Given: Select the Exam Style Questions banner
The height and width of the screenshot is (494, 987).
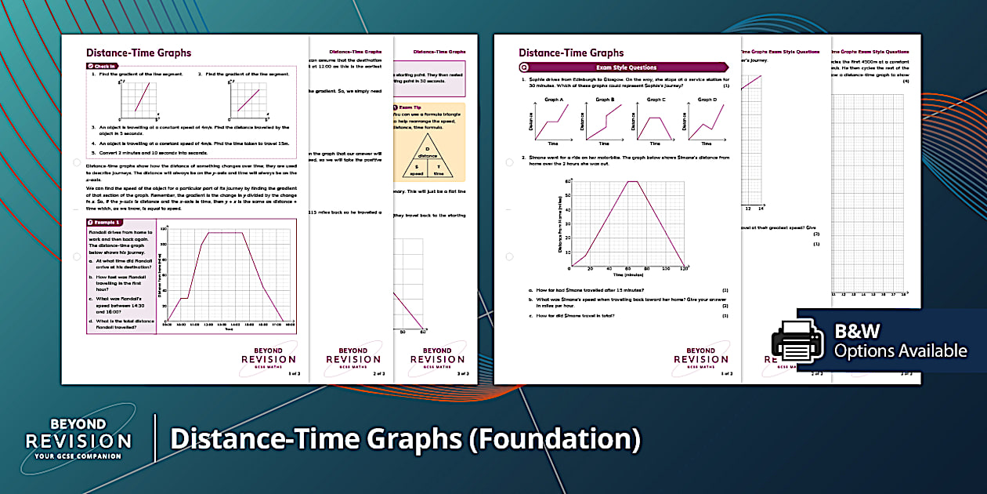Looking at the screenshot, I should tap(627, 67).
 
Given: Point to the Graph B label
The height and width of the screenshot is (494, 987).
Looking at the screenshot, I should tap(605, 100).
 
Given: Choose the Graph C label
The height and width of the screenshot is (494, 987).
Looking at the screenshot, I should tap(656, 100).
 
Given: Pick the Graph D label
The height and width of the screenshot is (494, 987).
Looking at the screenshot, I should tap(706, 100).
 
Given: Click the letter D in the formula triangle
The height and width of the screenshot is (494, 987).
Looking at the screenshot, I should tap(428, 148).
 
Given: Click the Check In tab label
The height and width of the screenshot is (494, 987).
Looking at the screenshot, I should tap(104, 66).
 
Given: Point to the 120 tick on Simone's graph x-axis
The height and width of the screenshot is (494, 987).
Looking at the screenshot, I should tap(684, 269).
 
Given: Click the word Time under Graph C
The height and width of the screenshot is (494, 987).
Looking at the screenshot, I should tap(656, 143).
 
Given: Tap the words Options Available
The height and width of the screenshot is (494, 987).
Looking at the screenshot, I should tap(900, 351).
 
